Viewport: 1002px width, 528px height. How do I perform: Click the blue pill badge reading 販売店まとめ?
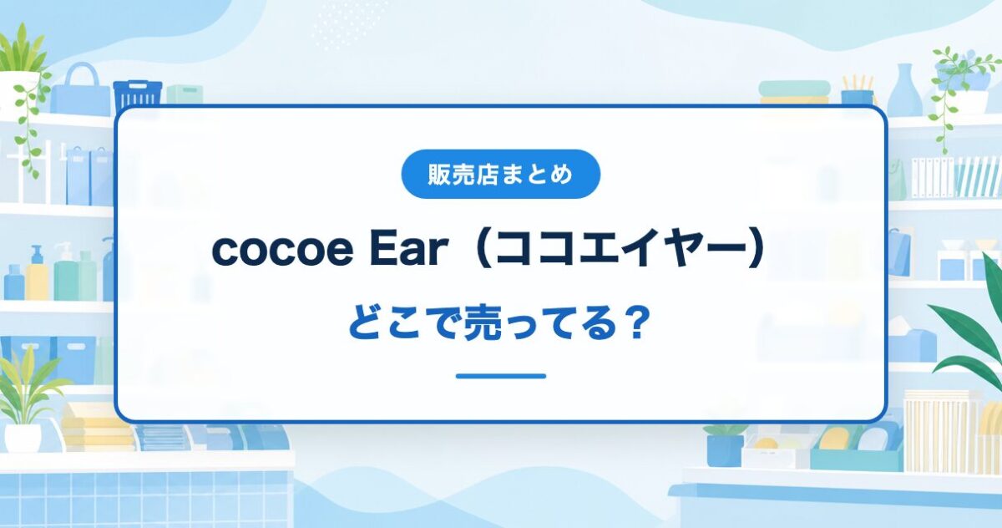coord(500,174)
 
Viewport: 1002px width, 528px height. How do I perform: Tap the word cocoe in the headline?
coord(283,250)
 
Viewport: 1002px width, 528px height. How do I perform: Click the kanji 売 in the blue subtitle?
coord(486,323)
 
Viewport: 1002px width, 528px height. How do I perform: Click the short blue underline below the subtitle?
coord(501,376)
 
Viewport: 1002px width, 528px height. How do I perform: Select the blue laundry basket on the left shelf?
coord(137,95)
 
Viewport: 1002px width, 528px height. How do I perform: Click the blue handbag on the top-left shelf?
coord(79,89)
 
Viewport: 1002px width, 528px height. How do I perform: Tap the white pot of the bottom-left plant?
coord(23,437)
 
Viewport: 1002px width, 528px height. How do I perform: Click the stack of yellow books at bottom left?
coord(99,426)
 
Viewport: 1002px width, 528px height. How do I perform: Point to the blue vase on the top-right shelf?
coord(904,90)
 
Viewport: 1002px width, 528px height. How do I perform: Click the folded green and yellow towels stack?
coord(794,92)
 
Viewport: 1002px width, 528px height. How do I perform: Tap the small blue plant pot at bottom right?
coord(725,449)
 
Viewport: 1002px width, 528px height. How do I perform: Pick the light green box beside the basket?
coord(185,95)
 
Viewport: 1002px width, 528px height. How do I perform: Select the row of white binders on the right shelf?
coord(933,177)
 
